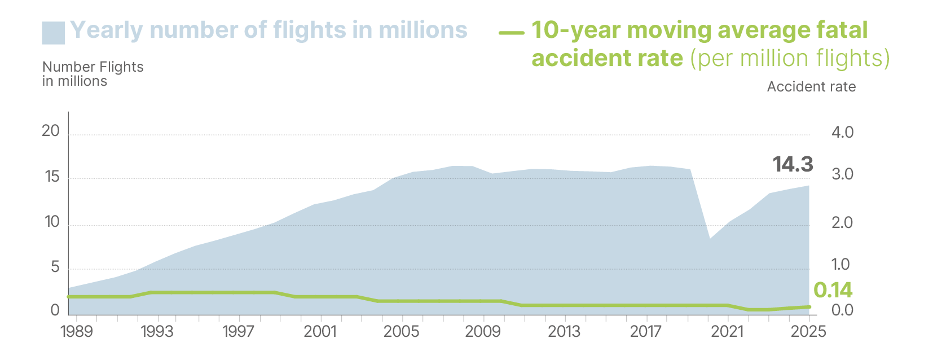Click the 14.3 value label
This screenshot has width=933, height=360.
(x=793, y=164)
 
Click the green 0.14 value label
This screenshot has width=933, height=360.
(x=833, y=290)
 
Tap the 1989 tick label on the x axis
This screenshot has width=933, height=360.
(x=76, y=331)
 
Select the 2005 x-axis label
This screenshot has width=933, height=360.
(x=401, y=331)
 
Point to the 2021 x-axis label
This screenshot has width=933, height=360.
(x=727, y=331)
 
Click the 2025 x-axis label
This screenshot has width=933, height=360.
(x=808, y=331)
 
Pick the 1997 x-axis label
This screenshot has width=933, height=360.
(x=239, y=331)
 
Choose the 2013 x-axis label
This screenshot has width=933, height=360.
(x=564, y=331)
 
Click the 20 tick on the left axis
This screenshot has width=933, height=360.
(x=51, y=131)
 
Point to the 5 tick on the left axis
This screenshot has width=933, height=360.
(x=55, y=267)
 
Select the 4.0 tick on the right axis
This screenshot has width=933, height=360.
(x=842, y=133)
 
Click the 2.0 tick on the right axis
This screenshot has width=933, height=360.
(x=842, y=222)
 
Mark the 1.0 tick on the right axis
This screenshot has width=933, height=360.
(x=840, y=264)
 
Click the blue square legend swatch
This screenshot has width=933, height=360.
(x=53, y=33)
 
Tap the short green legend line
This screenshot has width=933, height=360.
(x=511, y=33)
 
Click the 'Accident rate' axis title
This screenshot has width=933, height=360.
(x=811, y=87)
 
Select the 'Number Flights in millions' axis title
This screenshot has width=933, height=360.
(x=93, y=74)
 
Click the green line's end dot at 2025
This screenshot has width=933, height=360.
(x=808, y=307)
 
